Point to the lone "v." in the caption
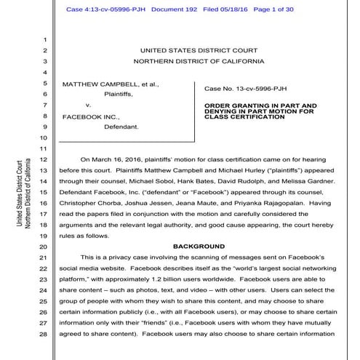point(88,105)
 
